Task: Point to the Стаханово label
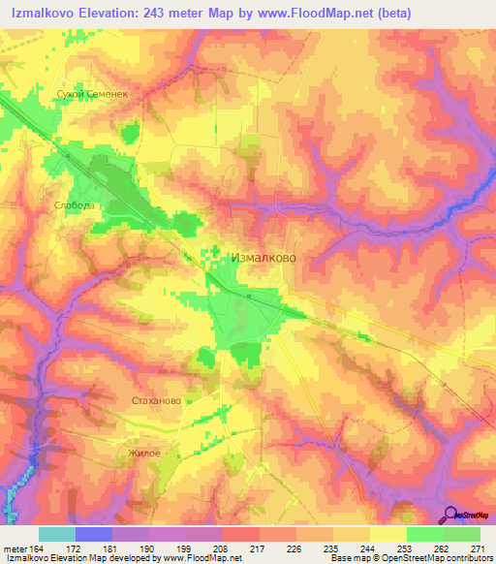(x=155, y=399)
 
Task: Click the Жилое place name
(x=142, y=453)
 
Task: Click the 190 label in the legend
(x=143, y=548)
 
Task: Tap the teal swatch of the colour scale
(x=57, y=534)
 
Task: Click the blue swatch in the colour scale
(x=94, y=534)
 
